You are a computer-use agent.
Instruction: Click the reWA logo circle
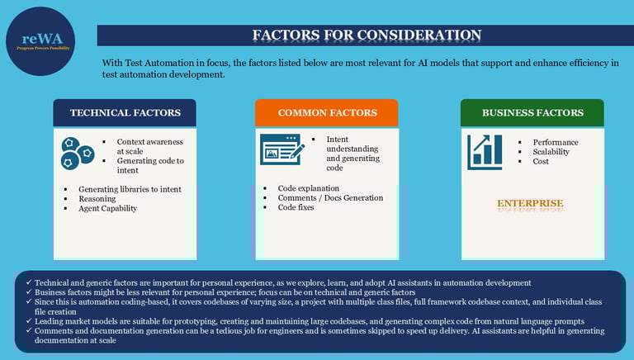click(40, 41)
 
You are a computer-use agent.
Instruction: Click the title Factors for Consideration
click(366, 35)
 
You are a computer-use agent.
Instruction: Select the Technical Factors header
click(124, 113)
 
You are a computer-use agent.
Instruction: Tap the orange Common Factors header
click(327, 113)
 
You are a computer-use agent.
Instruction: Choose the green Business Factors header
click(532, 113)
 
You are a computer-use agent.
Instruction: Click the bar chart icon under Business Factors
click(485, 151)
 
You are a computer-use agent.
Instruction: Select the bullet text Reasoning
click(97, 199)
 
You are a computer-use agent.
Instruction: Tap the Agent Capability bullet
click(107, 208)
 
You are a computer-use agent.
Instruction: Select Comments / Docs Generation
click(330, 198)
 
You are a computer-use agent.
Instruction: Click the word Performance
click(556, 142)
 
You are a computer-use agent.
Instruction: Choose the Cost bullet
click(541, 161)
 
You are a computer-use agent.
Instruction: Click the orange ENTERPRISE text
click(530, 203)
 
